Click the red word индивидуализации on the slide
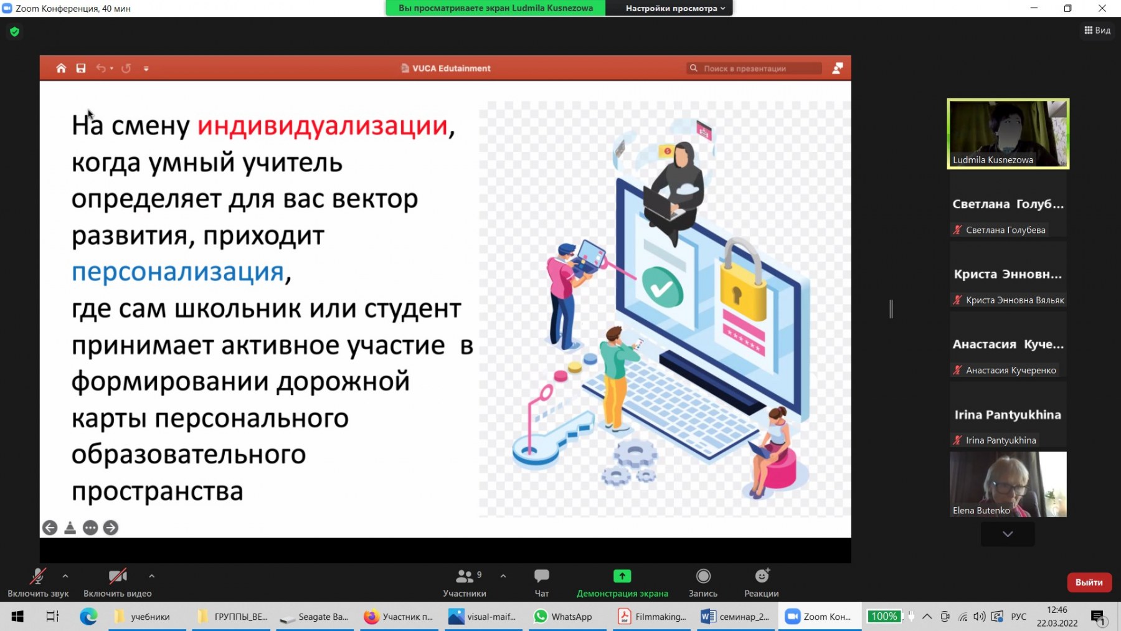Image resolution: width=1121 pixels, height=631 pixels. (323, 126)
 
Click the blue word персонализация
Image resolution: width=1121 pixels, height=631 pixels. (178, 272)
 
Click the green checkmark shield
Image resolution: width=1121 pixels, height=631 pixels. (662, 287)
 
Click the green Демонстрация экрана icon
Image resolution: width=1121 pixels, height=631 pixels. (622, 576)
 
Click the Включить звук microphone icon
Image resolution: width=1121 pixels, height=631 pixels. (38, 576)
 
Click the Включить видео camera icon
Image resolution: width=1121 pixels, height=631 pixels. (118, 576)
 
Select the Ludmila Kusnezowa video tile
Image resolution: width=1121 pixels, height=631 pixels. (1008, 134)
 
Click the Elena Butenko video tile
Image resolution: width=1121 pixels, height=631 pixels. (1008, 485)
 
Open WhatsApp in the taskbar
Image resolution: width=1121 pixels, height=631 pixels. (563, 617)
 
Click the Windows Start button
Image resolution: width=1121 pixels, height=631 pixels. (17, 617)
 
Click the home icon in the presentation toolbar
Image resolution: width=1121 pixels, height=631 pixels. (61, 69)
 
